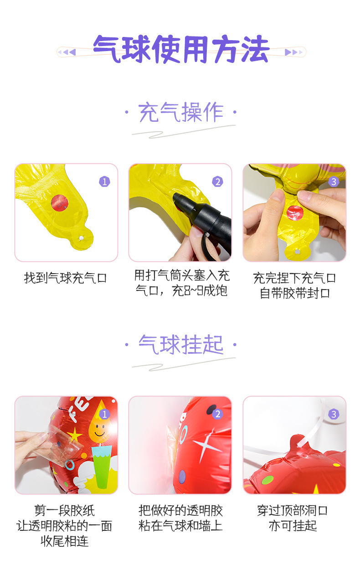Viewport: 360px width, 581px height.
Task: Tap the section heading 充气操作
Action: coord(181,113)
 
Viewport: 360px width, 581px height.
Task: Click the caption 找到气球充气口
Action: coord(66,278)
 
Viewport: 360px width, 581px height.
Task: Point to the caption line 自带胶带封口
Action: coord(294,293)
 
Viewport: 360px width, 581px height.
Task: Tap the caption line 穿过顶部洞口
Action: coord(292,510)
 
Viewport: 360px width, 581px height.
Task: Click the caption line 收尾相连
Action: coord(64,541)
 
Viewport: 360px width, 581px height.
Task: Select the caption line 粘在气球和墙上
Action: coord(180,525)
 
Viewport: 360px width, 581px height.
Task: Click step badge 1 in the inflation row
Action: coord(105,182)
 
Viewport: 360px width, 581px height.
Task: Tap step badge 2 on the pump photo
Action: coord(218,182)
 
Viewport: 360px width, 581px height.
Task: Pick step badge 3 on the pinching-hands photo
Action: coord(334,182)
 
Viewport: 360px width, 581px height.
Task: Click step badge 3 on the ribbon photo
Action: coord(334,414)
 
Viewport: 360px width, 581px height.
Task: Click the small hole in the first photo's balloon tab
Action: coord(82,238)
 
